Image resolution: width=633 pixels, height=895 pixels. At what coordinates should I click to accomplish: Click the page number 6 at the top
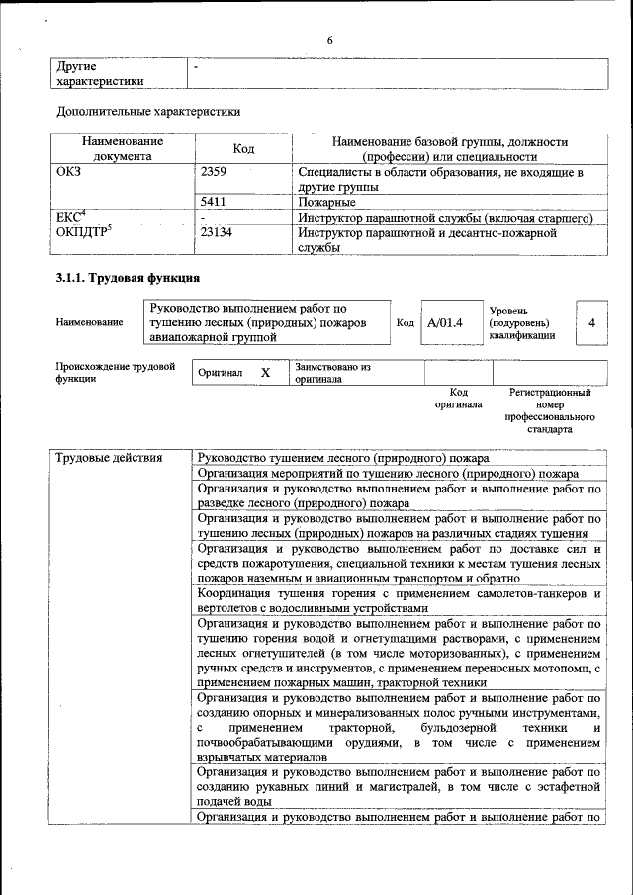tap(329, 39)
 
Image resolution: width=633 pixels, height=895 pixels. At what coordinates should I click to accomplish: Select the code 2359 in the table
tap(214, 172)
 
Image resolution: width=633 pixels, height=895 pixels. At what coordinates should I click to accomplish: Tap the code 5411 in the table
tap(214, 202)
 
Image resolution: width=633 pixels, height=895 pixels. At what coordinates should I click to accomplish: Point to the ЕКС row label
tap(72, 217)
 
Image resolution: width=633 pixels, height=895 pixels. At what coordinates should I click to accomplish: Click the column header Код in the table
tap(243, 149)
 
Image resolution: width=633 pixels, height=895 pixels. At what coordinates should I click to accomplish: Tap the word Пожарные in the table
tap(327, 202)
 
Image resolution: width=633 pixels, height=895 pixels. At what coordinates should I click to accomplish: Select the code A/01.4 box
tap(445, 322)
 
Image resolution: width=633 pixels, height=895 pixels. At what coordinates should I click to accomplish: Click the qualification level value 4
tap(591, 322)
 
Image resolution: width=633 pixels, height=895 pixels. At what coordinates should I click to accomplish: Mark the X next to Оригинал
tap(265, 373)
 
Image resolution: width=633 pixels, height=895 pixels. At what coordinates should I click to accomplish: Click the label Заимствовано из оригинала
tap(332, 373)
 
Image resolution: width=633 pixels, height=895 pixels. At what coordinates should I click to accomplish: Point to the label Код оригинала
tap(459, 399)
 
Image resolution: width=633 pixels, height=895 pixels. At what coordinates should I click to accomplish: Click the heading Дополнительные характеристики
tap(148, 112)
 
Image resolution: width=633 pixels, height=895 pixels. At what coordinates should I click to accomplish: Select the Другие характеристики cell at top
tap(101, 74)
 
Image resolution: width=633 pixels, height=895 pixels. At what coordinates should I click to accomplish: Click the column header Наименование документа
tap(123, 149)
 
